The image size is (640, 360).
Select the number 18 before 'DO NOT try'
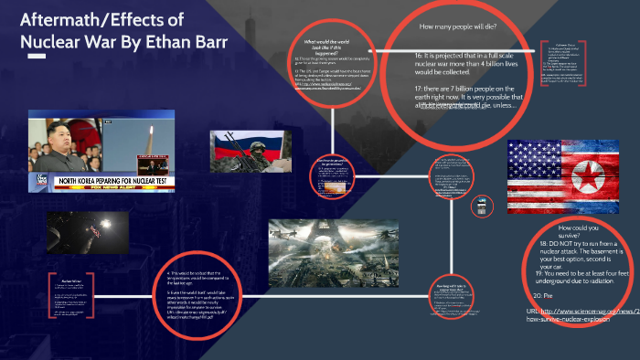(544, 244)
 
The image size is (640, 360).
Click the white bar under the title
(37, 56)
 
